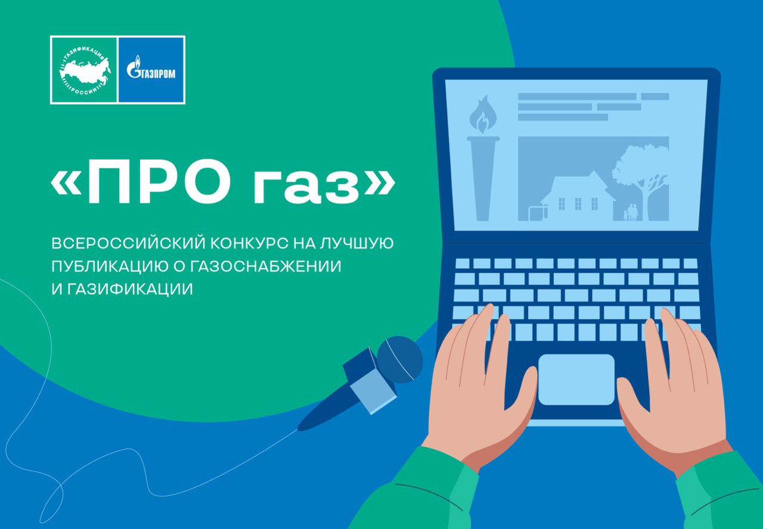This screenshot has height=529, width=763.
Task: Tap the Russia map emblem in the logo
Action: coord(85,71)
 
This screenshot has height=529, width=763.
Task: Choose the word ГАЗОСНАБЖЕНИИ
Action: coord(265,266)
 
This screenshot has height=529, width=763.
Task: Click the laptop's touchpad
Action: coord(576,379)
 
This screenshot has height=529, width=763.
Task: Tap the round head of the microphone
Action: coord(400,359)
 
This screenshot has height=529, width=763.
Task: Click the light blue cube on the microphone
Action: coord(374,392)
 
